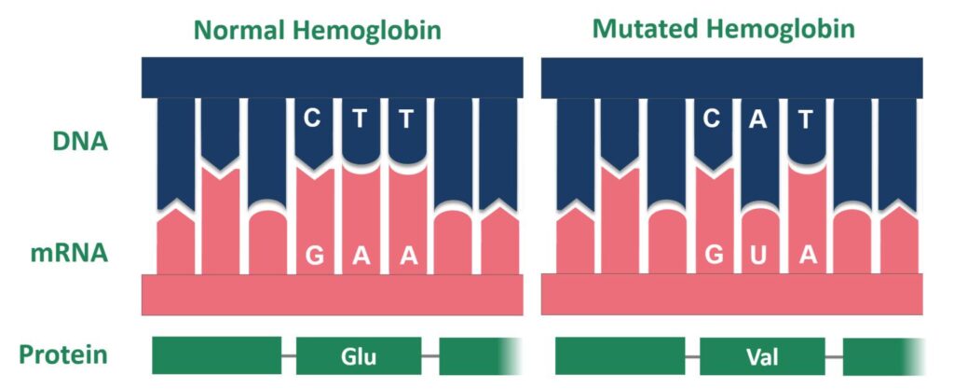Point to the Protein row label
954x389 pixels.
click(62, 354)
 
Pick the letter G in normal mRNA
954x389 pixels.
click(314, 257)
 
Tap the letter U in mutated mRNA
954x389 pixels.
click(760, 257)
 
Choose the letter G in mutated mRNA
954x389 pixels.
click(714, 257)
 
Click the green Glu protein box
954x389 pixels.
click(359, 355)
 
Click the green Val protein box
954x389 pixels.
click(762, 355)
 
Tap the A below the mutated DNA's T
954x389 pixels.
click(807, 257)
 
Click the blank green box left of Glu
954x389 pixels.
click(216, 355)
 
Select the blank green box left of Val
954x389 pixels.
click(620, 355)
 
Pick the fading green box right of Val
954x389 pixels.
click(880, 355)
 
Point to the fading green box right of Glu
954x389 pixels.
click(475, 355)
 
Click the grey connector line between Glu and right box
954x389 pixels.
click(430, 356)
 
